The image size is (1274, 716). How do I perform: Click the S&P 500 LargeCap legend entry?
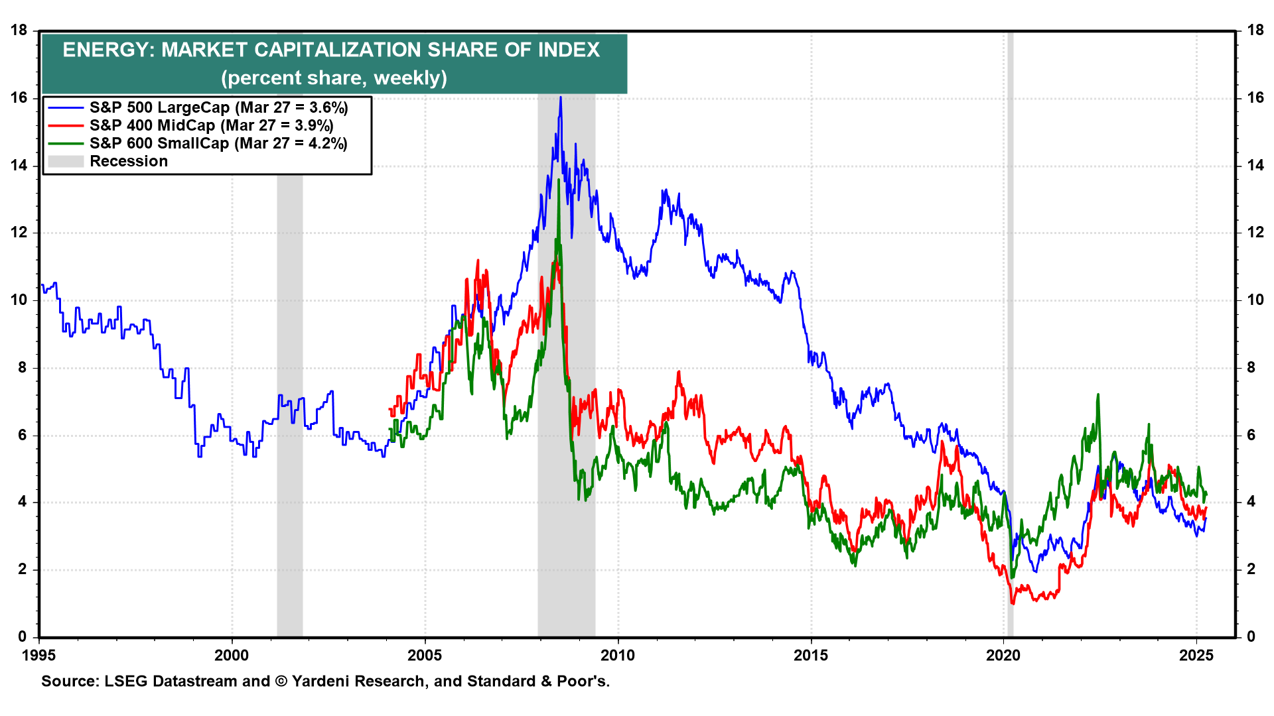coord(219,107)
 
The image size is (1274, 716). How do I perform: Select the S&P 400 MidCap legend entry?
coord(211,125)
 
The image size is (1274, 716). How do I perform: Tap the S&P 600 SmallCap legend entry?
coord(218,143)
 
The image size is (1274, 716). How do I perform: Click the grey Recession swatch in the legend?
coord(66,161)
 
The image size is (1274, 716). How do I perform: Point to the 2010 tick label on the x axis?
coord(618,656)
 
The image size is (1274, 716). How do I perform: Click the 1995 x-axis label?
coord(39,656)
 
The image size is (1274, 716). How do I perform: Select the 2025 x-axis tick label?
coord(1196,656)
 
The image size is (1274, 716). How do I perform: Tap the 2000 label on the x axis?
coord(232,656)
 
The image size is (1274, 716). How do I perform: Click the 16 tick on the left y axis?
coord(19,98)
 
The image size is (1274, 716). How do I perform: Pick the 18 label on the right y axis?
coord(1255,30)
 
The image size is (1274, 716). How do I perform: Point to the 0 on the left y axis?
coord(23,637)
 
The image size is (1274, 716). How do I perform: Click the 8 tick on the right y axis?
coord(1251,368)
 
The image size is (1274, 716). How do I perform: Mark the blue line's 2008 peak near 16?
coord(561,98)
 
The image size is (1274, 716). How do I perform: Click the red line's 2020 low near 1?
coord(1013,603)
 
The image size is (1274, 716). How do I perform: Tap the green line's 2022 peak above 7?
coord(1098,395)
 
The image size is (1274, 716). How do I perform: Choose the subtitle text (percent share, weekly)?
coord(334,78)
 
